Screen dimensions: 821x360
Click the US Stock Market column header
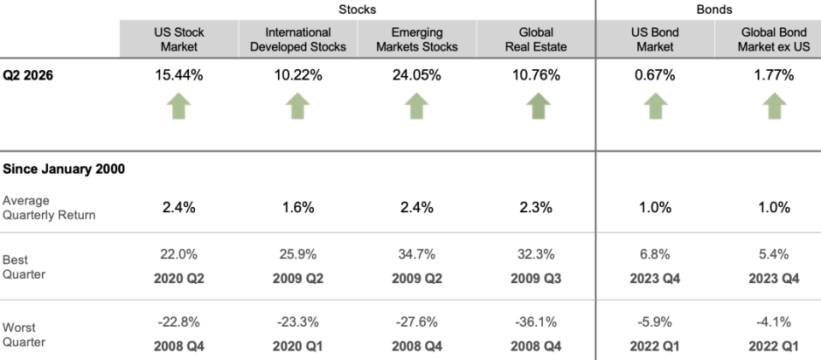[179, 39]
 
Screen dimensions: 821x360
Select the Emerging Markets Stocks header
[416, 39]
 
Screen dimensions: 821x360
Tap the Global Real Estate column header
[535, 39]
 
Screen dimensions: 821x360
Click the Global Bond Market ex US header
[773, 39]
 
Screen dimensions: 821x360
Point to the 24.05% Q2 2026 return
[416, 75]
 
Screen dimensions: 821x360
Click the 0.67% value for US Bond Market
[654, 75]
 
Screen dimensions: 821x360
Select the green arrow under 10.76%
[538, 106]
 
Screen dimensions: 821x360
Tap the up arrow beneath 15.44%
[179, 106]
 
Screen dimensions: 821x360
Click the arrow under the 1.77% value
[775, 106]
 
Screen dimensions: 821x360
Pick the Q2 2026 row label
[27, 75]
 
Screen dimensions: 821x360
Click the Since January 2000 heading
[64, 169]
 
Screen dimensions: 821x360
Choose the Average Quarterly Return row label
[49, 208]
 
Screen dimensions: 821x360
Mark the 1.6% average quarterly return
[298, 208]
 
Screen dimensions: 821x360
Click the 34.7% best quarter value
[416, 254]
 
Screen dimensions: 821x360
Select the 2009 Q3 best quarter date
[535, 279]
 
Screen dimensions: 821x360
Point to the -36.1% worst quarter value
[535, 322]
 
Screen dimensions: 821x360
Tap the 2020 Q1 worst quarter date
[298, 345]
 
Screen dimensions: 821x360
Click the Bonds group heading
[714, 9]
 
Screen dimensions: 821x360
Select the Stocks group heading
[357, 9]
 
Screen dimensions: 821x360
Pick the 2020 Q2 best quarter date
[179, 279]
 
